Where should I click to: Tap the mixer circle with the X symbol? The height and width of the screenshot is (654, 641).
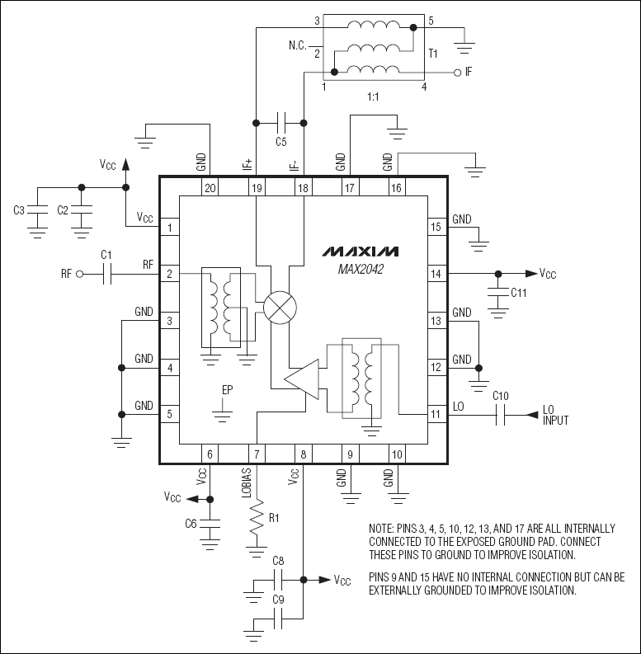pyautogui.click(x=280, y=308)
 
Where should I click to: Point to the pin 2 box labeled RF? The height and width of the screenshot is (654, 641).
pyautogui.click(x=169, y=273)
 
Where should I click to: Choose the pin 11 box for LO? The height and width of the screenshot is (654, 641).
pyautogui.click(x=436, y=413)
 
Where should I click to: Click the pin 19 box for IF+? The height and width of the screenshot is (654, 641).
pyautogui.click(x=257, y=188)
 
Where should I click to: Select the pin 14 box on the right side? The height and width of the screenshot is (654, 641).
pyautogui.click(x=436, y=273)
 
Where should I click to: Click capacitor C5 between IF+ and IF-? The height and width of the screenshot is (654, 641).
pyautogui.click(x=280, y=124)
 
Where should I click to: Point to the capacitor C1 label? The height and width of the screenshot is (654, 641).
pyautogui.click(x=106, y=256)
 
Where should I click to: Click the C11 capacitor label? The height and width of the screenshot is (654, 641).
pyautogui.click(x=519, y=292)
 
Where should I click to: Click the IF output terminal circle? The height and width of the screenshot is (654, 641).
pyautogui.click(x=456, y=73)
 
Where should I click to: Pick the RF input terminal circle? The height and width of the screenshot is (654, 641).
pyautogui.click(x=80, y=274)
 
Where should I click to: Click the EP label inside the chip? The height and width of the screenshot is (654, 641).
pyautogui.click(x=227, y=390)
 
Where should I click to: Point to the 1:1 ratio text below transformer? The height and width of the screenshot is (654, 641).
pyautogui.click(x=374, y=96)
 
